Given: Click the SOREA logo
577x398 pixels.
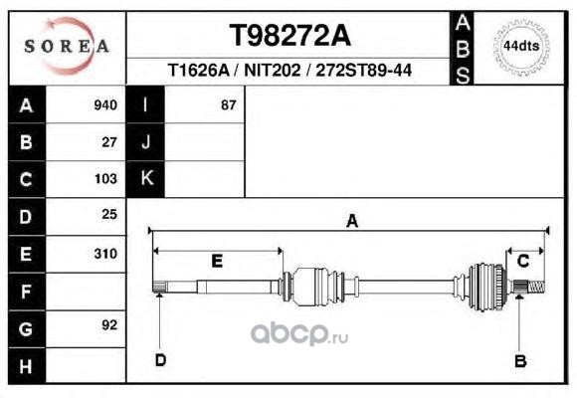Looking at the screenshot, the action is tap(67, 46).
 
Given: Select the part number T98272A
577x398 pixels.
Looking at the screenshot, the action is tap(289, 36).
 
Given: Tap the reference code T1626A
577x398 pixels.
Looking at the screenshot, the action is tap(198, 70).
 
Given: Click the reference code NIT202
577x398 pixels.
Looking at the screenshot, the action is tap(272, 70).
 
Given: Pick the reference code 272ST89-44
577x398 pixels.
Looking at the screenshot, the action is tap(363, 70).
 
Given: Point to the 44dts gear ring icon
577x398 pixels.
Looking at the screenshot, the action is tap(521, 47).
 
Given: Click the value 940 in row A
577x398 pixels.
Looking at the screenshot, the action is tap(105, 105).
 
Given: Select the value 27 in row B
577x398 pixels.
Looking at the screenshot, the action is tap(109, 142).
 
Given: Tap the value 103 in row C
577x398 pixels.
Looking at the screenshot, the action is tap(105, 179).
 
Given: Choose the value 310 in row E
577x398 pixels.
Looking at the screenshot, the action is tap(105, 254).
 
